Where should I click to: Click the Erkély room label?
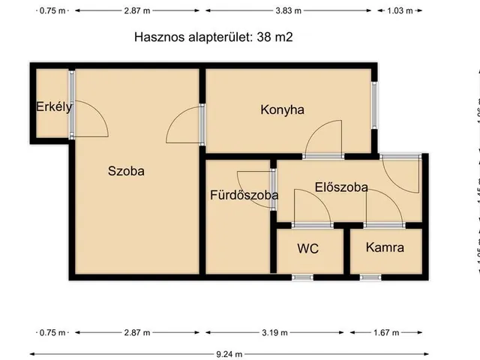(54, 106)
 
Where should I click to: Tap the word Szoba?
(126, 170)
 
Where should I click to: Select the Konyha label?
(282, 109)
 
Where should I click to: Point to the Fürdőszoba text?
(244, 195)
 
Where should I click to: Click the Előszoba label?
(341, 187)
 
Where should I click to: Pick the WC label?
(308, 248)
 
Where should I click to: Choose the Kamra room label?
(385, 247)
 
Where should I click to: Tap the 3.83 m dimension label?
(288, 10)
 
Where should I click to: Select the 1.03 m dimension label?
(396, 10)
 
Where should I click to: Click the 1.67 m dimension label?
(385, 332)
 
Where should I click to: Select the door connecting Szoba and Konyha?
(185, 126)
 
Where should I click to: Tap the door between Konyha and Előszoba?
(324, 140)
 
